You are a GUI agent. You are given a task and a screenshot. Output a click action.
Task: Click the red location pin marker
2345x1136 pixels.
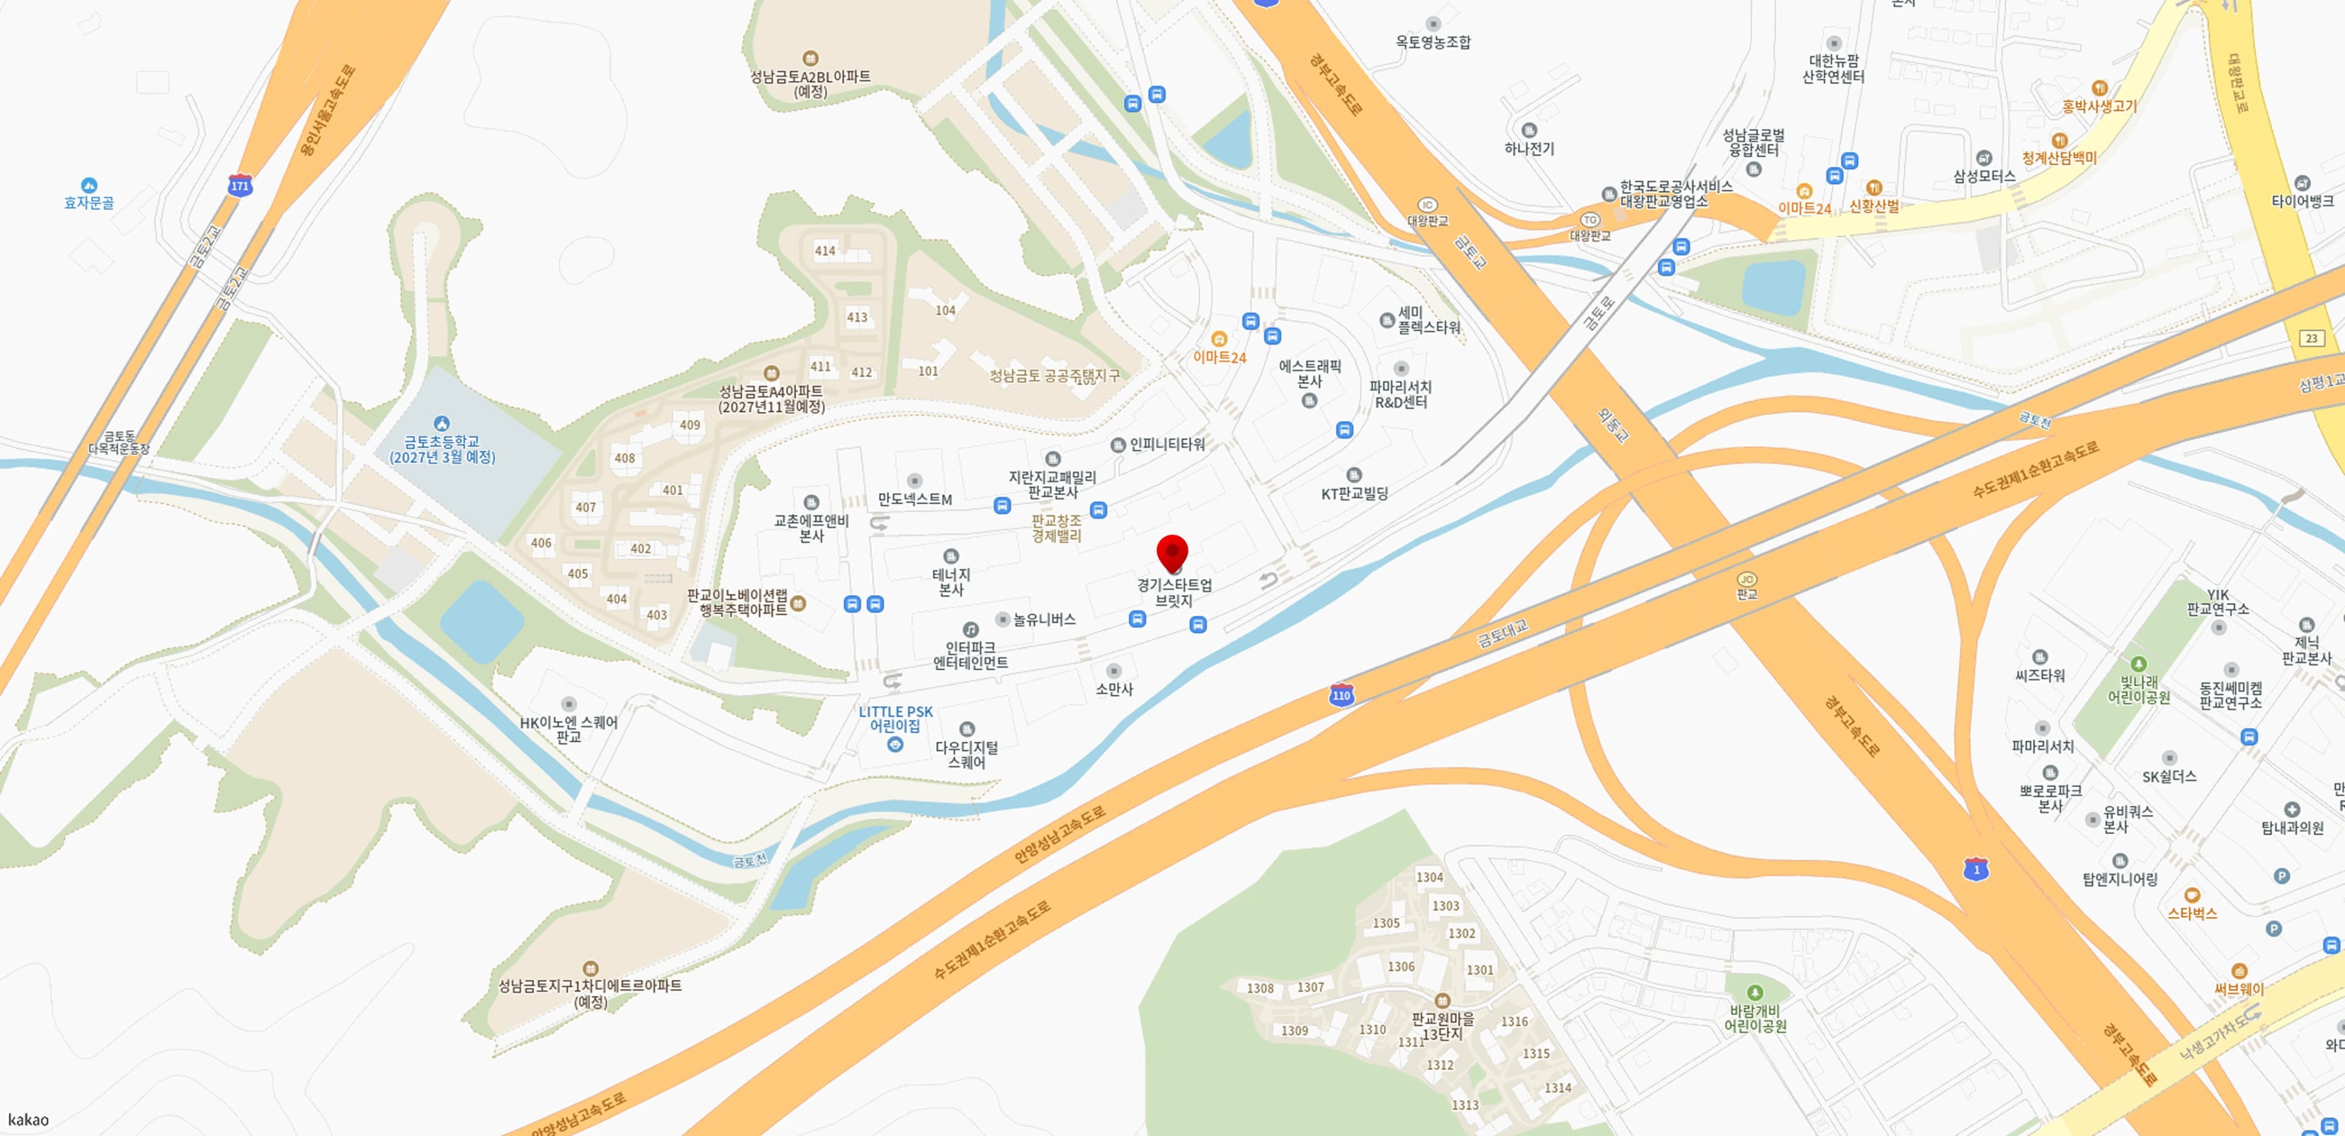(x=1172, y=553)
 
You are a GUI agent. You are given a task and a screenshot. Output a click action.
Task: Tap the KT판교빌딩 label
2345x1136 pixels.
(x=1354, y=493)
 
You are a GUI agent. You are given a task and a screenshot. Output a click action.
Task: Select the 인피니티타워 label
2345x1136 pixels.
(x=1167, y=444)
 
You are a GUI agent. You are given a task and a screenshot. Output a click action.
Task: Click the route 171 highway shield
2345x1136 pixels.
(x=239, y=186)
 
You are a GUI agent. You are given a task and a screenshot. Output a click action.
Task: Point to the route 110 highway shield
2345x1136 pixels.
(x=1341, y=696)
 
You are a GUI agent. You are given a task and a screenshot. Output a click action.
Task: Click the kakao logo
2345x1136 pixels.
(x=28, y=1120)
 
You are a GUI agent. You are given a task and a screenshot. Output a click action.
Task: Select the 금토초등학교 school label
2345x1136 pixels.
(x=442, y=449)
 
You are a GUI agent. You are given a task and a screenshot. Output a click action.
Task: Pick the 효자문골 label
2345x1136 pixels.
(x=89, y=202)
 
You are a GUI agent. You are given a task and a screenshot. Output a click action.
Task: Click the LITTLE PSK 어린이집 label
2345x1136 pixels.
(x=896, y=719)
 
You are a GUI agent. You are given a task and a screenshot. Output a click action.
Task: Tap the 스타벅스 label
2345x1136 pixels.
(x=2192, y=913)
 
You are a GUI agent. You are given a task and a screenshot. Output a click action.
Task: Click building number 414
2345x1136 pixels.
(x=825, y=250)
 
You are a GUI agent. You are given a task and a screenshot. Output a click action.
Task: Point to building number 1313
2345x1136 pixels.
(x=1465, y=1104)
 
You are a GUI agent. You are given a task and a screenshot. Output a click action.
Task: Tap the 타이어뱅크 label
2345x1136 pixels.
(x=2302, y=201)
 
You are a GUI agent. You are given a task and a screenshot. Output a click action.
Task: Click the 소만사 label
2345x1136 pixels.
(x=1114, y=689)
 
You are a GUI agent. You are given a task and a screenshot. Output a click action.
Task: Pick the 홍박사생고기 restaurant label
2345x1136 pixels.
(x=2100, y=106)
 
